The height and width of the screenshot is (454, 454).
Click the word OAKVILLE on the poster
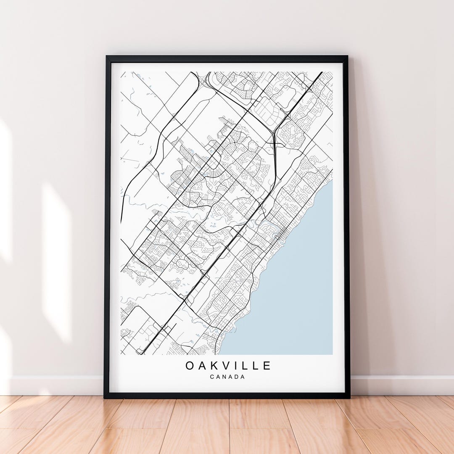[228, 366]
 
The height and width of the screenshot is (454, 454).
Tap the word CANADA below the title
[227, 377]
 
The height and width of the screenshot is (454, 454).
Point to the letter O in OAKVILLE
[190, 366]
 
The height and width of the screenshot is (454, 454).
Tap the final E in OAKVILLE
[267, 366]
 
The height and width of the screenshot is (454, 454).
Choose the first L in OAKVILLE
[243, 366]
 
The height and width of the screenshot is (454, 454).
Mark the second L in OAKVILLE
[255, 366]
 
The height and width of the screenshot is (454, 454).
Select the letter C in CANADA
[212, 377]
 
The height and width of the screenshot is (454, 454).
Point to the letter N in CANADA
[224, 377]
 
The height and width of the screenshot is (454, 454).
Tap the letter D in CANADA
[237, 377]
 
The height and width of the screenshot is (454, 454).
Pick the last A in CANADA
[243, 377]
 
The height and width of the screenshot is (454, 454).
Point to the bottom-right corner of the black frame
[349, 396]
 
